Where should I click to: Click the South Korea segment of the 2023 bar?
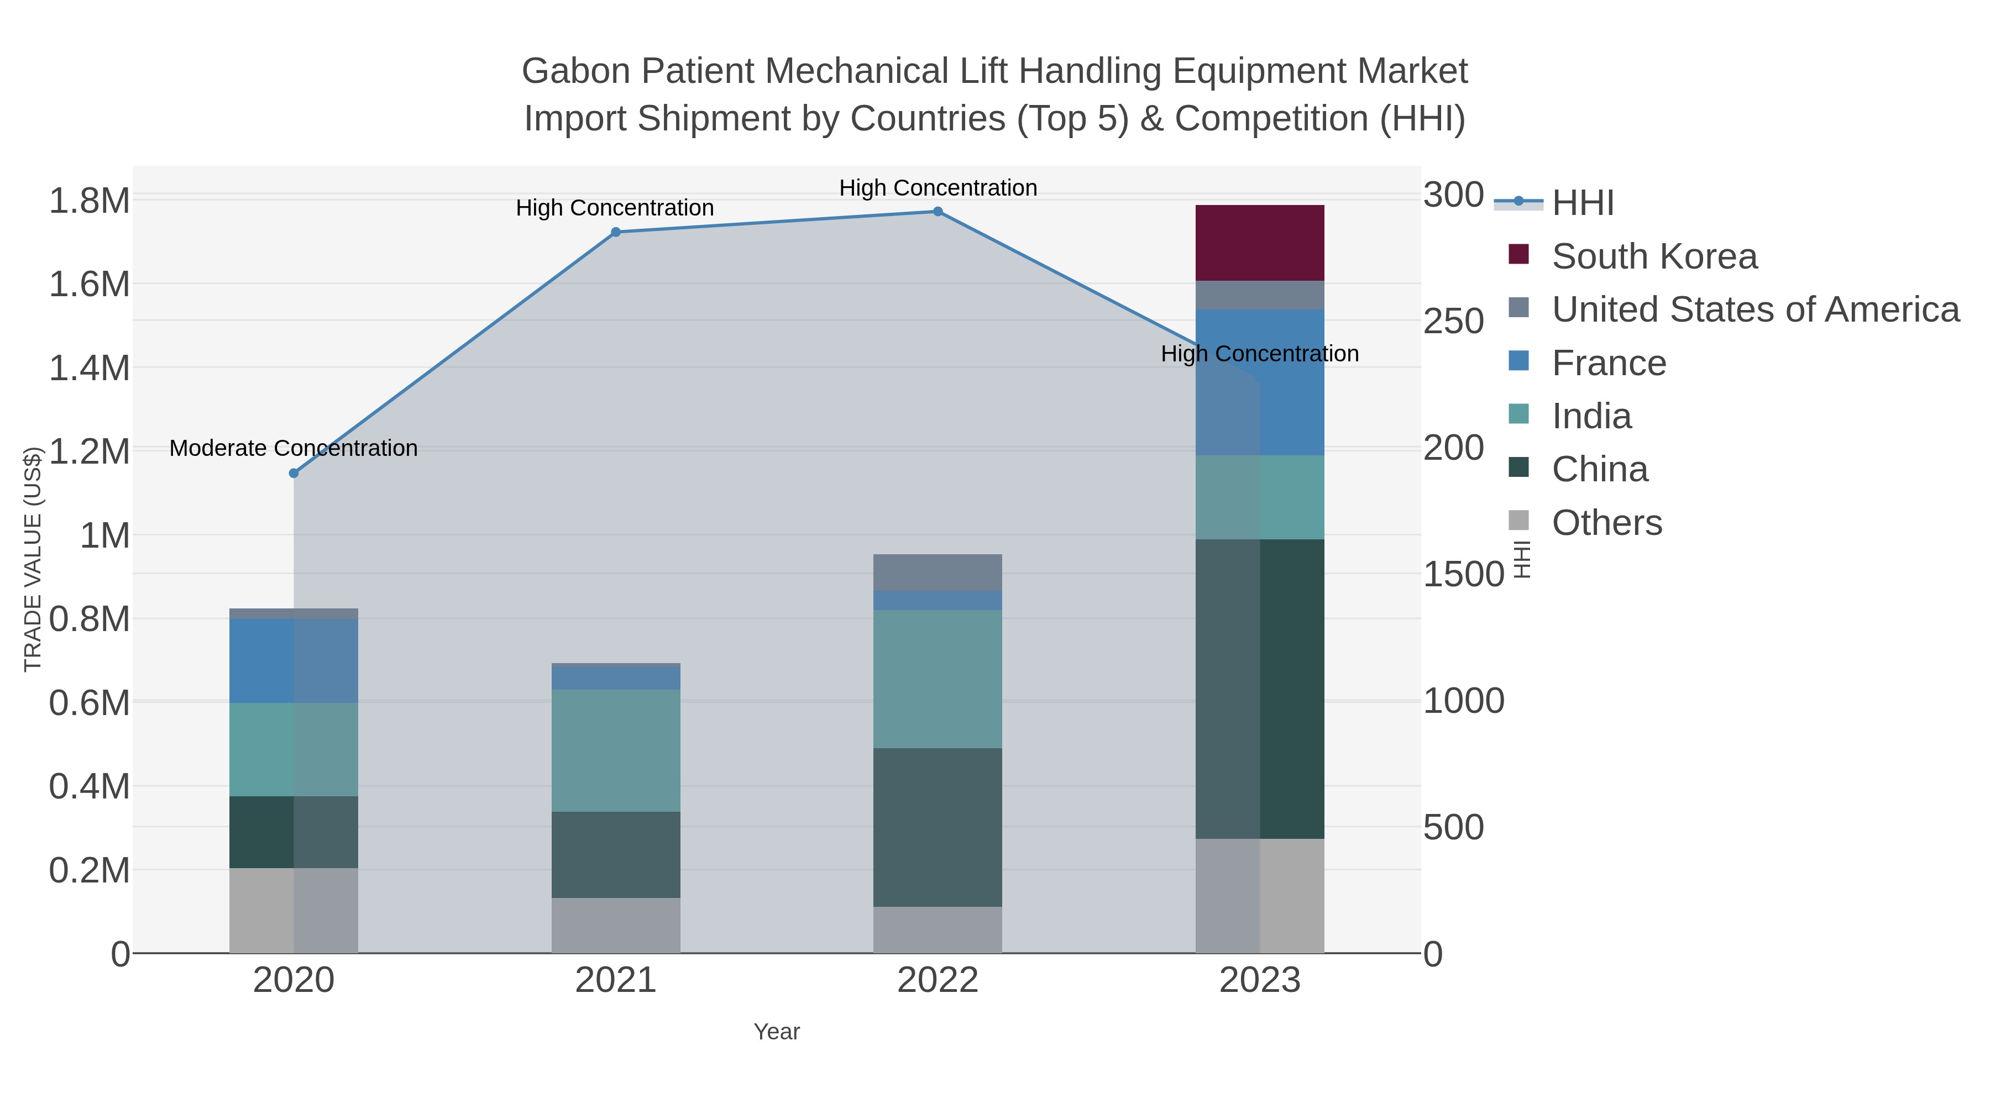tap(1259, 243)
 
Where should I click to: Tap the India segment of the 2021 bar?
tap(616, 750)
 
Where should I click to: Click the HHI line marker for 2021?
tap(616, 232)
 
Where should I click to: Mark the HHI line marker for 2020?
tap(294, 472)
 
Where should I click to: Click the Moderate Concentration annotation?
tap(294, 448)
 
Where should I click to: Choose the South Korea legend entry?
tap(1653, 256)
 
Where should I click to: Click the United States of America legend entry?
tap(1753, 309)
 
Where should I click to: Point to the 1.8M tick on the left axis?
tap(89, 201)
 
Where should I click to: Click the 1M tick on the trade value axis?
tap(105, 535)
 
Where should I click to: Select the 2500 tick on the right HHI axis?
tap(1452, 321)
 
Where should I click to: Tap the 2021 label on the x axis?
tap(616, 980)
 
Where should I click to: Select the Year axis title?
tap(777, 1031)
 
